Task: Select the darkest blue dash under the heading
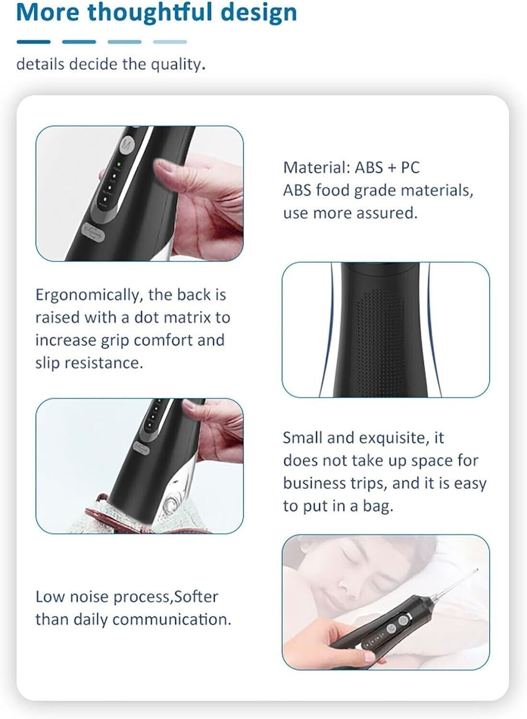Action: point(34,42)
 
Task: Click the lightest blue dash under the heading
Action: point(170,42)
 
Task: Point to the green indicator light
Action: point(118,164)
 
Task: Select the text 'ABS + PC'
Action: point(387,168)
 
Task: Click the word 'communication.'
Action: point(172,619)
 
